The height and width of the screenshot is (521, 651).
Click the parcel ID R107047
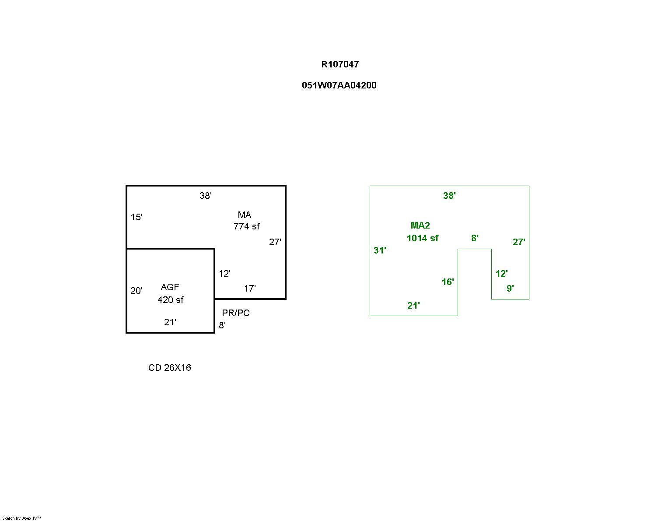tap(339, 64)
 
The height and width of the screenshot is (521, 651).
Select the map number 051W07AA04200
tap(339, 85)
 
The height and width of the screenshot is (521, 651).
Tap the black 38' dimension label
tap(205, 196)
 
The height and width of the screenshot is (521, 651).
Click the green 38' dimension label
tap(449, 196)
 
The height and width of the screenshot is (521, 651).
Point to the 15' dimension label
tap(136, 217)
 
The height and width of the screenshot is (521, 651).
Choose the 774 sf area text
tap(246, 226)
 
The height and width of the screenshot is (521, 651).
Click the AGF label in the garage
tap(170, 287)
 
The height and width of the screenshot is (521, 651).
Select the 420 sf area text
tap(170, 300)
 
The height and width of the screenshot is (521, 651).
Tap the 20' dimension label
tap(136, 291)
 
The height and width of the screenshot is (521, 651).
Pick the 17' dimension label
tap(250, 289)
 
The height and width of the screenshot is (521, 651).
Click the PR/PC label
tap(236, 313)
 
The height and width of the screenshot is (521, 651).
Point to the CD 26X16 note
tap(169, 367)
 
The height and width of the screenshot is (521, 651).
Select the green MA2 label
tap(420, 225)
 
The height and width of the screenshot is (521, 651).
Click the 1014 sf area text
tap(422, 238)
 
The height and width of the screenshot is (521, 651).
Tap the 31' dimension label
tap(380, 250)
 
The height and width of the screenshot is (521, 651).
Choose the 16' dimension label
tap(448, 282)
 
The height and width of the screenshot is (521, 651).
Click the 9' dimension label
tap(510, 289)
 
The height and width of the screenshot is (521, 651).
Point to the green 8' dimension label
tap(475, 238)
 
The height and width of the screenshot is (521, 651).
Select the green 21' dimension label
tap(413, 306)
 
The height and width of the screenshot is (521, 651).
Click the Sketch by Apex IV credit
tap(21, 518)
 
